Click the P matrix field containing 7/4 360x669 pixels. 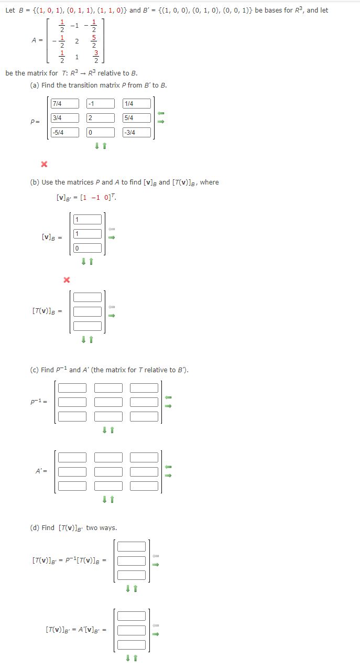click(x=65, y=104)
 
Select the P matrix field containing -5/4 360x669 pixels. click(x=65, y=133)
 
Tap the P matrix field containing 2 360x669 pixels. click(x=101, y=118)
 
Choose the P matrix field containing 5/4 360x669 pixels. click(x=137, y=118)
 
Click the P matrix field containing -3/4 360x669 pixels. click(x=137, y=133)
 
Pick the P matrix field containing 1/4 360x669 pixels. click(x=137, y=104)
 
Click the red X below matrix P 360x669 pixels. click(x=44, y=165)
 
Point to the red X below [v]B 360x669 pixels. click(x=66, y=279)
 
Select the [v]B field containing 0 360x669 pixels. click(x=88, y=248)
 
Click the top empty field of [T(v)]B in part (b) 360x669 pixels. click(x=88, y=297)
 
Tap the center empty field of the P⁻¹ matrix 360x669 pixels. click(x=108, y=402)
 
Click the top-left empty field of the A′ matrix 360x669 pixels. click(x=72, y=457)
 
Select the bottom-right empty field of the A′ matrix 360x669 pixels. click(x=144, y=486)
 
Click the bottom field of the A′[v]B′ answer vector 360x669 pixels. click(x=132, y=644)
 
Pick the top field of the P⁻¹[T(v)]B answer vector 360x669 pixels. click(x=132, y=547)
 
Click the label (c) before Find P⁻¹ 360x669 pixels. click(x=34, y=370)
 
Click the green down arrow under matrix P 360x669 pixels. click(x=97, y=146)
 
